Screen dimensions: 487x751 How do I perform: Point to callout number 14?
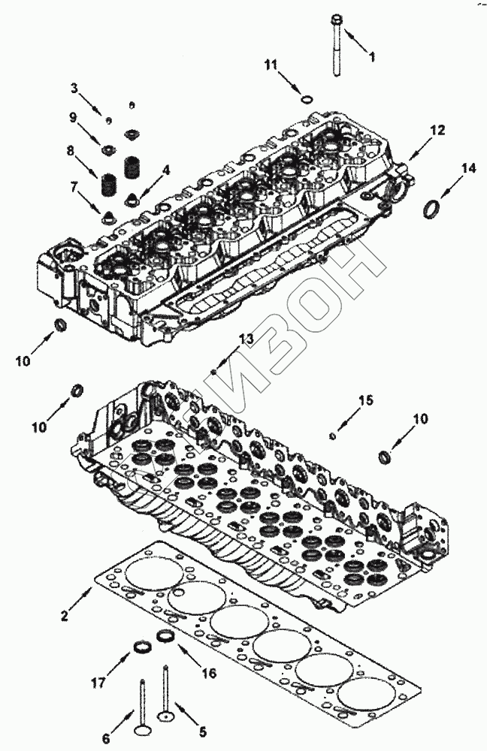469,170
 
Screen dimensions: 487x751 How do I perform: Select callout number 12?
437,131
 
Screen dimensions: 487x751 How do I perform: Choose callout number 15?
364,400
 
